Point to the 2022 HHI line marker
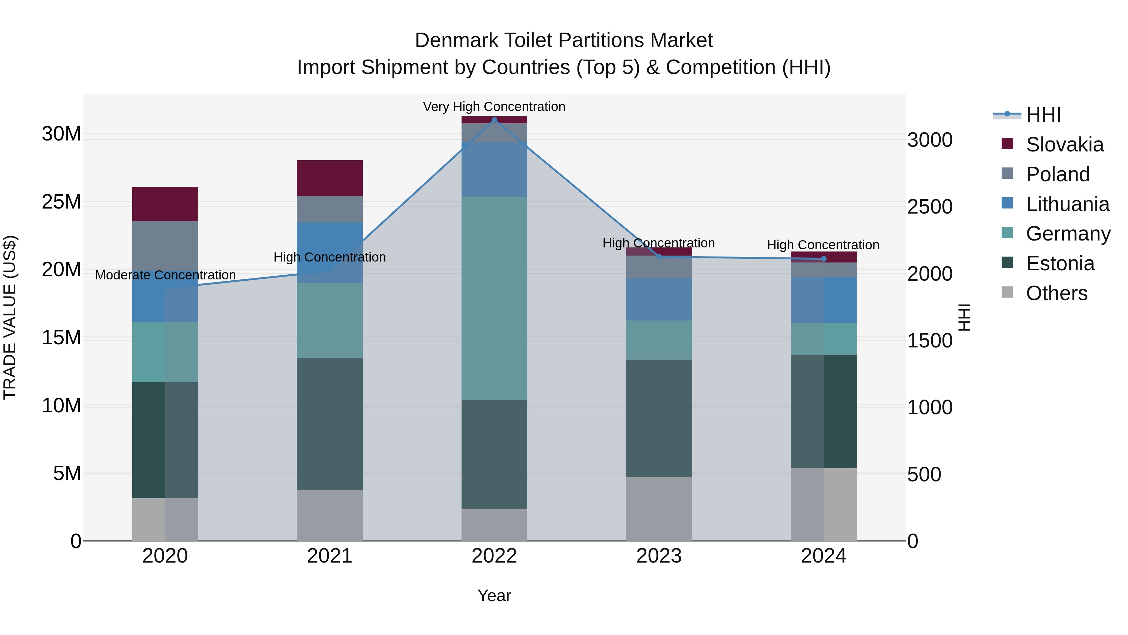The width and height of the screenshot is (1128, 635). click(x=494, y=120)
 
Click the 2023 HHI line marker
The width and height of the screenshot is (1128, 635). click(x=659, y=257)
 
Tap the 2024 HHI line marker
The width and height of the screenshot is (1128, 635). click(x=824, y=259)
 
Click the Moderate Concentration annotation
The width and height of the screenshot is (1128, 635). click(x=165, y=275)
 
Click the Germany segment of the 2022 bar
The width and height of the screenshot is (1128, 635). click(x=494, y=298)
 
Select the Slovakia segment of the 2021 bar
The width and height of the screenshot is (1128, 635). click(x=330, y=178)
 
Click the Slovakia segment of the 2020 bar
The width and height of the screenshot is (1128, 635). click(x=165, y=204)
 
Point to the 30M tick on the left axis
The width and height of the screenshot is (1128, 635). click(x=61, y=134)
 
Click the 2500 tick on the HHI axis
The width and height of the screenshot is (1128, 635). click(x=930, y=207)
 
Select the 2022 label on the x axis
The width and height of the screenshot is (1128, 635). click(x=494, y=556)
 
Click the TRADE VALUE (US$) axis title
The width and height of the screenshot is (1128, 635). click(x=10, y=317)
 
